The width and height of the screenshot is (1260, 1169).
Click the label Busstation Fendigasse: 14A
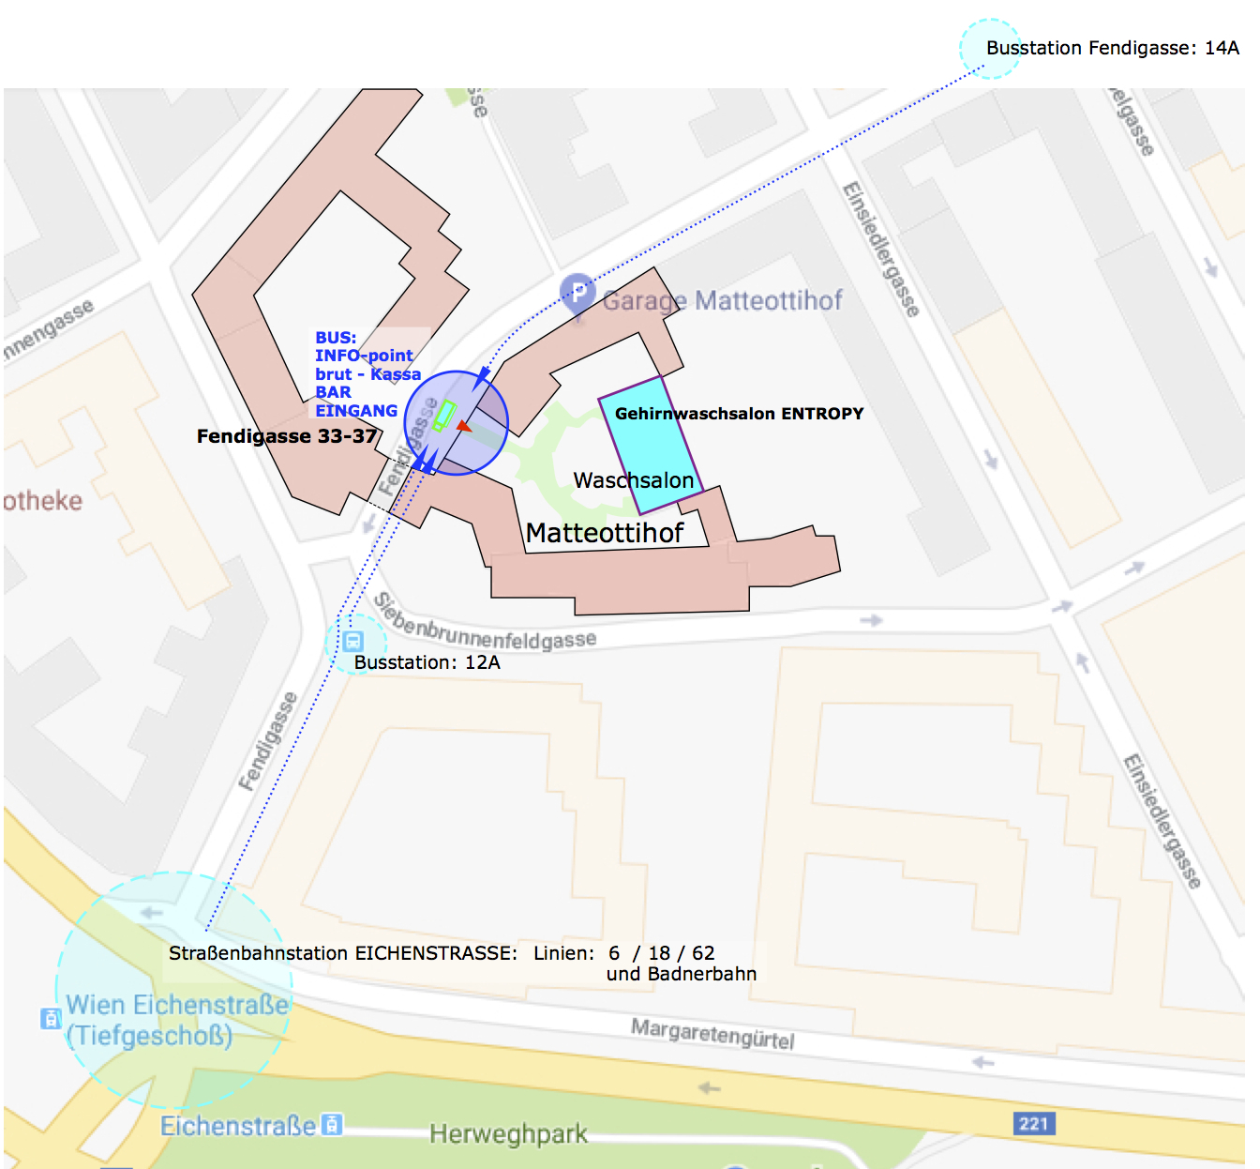[1112, 48]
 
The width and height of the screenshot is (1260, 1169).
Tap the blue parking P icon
[577, 293]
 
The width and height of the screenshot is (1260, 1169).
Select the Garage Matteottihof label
[722, 300]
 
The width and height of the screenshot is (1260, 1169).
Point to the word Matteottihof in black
[605, 533]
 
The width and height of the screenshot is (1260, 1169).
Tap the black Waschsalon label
[634, 480]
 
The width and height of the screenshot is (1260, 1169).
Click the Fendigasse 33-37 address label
[287, 436]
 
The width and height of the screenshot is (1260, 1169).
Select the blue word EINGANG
[356, 411]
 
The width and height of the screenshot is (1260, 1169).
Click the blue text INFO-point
[364, 356]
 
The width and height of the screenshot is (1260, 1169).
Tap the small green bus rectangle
[443, 416]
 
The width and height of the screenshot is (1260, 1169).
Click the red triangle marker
[463, 426]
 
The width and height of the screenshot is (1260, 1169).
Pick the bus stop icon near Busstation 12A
[353, 642]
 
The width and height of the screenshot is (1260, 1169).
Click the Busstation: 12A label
[427, 662]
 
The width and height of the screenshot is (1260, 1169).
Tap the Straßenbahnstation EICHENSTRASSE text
[342, 953]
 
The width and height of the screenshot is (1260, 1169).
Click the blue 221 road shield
[1034, 1123]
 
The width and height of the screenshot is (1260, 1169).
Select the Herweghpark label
[508, 1134]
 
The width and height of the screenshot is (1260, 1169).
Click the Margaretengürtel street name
[712, 1034]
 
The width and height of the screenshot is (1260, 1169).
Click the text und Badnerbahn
[682, 974]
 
